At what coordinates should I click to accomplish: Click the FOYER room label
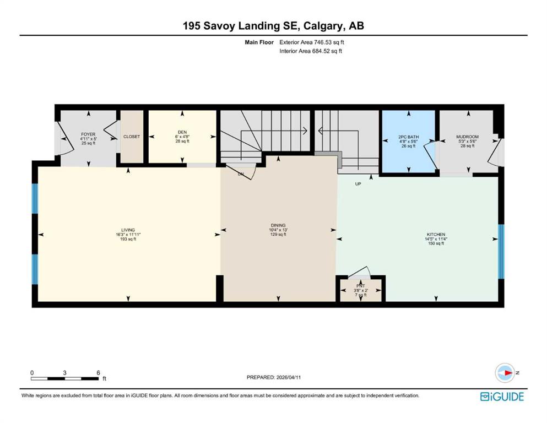point(88,134)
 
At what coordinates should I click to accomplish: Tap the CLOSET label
point(132,137)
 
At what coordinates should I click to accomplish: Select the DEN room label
point(182,132)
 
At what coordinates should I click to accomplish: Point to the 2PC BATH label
point(409,137)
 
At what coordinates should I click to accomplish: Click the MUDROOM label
point(468,137)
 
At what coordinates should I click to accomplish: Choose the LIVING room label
point(128,230)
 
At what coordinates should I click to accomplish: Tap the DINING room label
point(278,226)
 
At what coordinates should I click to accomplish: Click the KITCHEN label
point(436,235)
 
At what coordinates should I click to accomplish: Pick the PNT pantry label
point(361,286)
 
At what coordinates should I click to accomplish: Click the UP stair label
point(358,184)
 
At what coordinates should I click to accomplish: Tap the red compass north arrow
point(508,373)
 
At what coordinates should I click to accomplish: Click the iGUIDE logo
point(502,397)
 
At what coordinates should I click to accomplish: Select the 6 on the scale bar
point(99,373)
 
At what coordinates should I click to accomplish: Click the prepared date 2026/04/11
point(289,377)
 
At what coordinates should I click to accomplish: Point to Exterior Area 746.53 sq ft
point(312,42)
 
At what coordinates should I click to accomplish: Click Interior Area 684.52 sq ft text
point(311,51)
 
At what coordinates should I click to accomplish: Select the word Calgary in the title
point(322,26)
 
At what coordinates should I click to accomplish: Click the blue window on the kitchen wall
point(501,251)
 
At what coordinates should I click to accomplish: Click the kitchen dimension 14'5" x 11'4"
point(436,239)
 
